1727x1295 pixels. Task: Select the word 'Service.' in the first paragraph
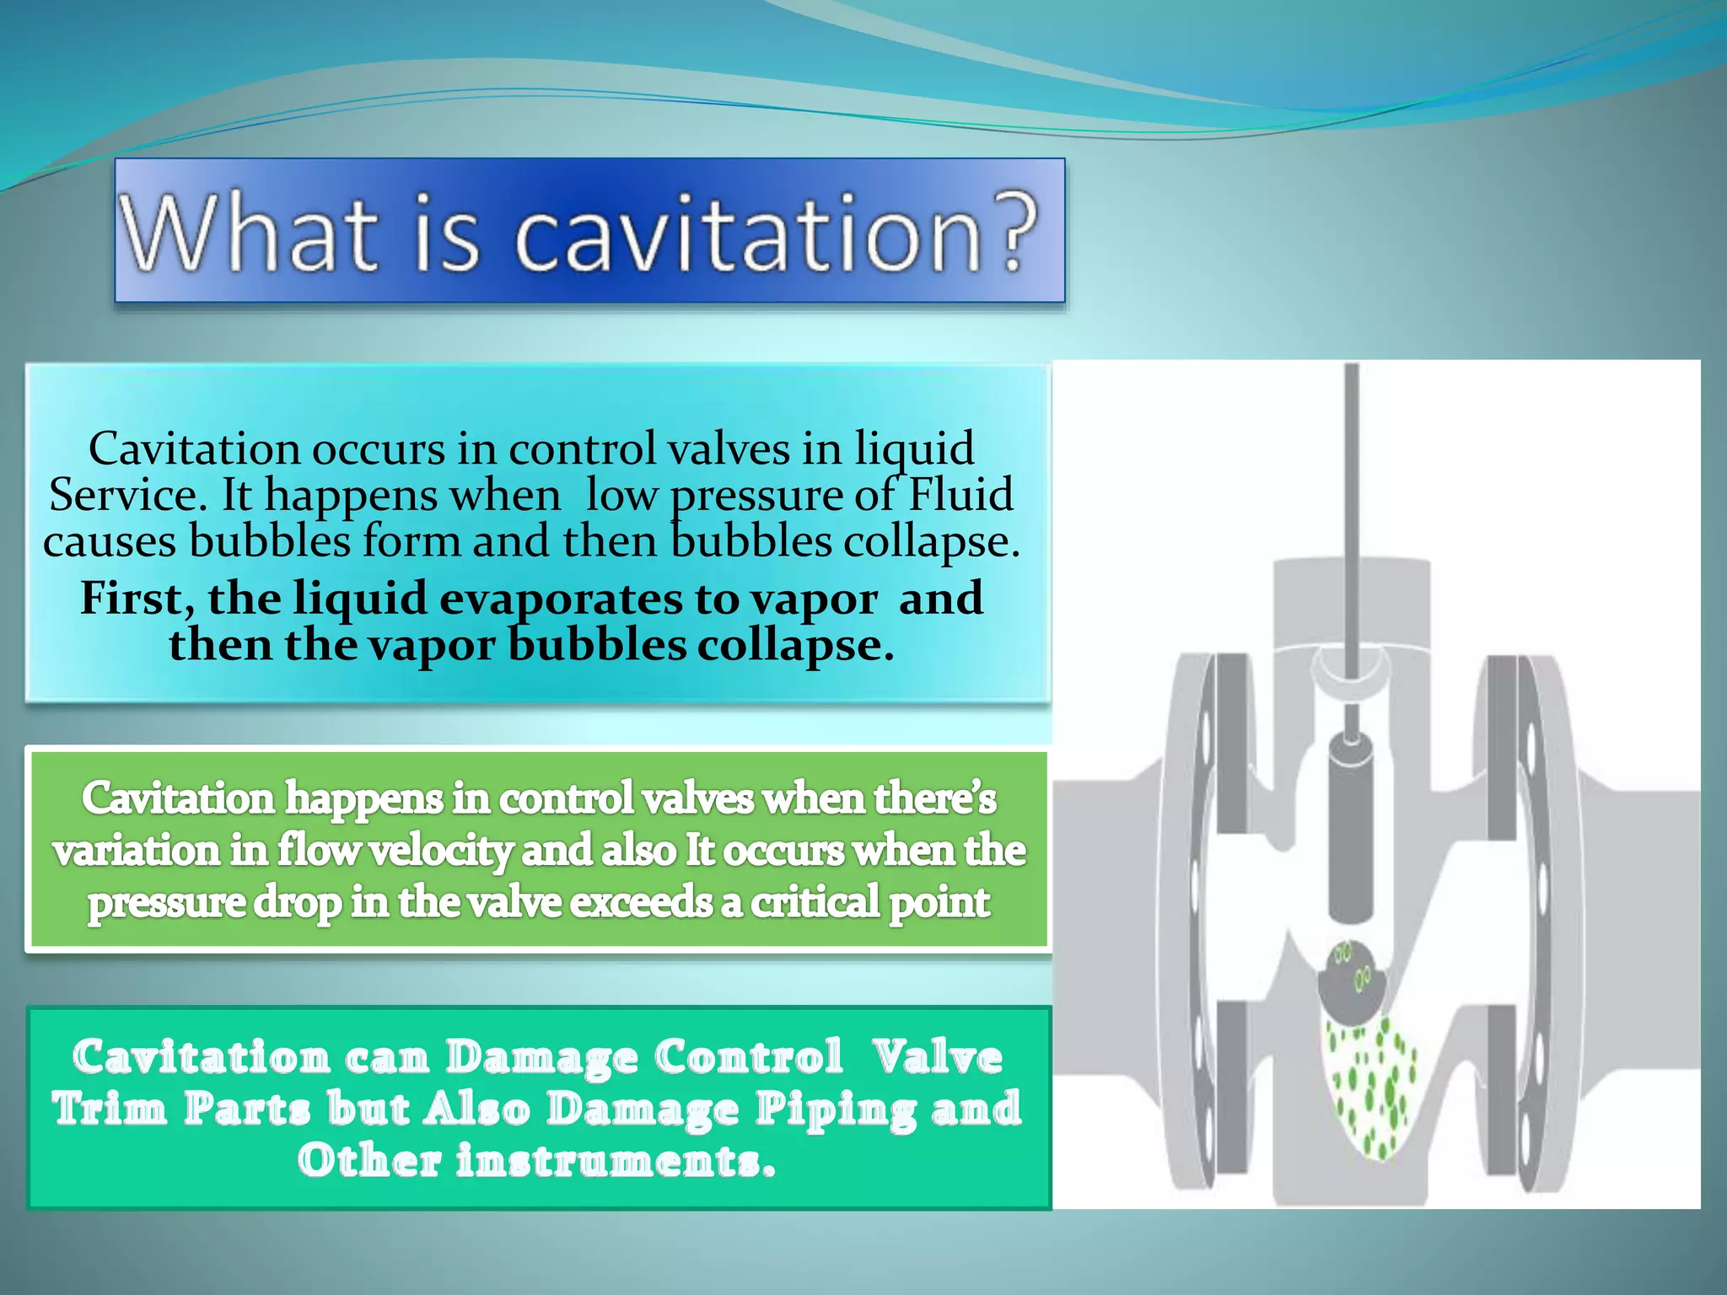(x=127, y=494)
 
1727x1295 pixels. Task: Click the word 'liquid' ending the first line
(x=914, y=449)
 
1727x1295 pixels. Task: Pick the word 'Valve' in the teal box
(x=937, y=1057)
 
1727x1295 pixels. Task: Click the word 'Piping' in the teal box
(x=835, y=1110)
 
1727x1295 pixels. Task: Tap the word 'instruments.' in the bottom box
(x=616, y=1161)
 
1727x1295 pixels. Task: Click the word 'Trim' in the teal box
(x=110, y=1110)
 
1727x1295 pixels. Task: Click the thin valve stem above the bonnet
(x=1352, y=472)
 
